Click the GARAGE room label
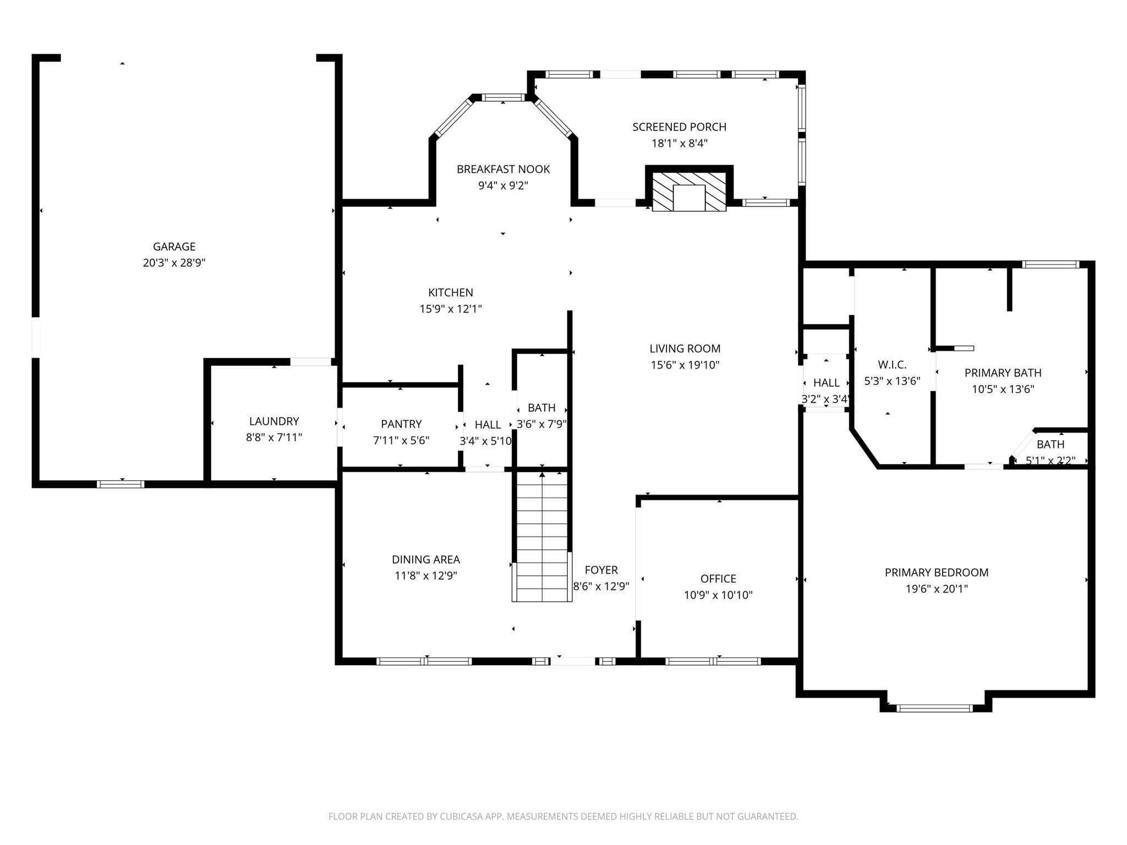(x=174, y=246)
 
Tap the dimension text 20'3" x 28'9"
(x=174, y=263)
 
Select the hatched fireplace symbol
(x=689, y=191)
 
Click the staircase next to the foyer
(x=542, y=536)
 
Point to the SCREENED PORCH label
(x=679, y=127)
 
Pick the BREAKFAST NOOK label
(x=503, y=169)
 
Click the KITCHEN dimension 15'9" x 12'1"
(x=450, y=309)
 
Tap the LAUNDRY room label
(x=273, y=421)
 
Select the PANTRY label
(x=401, y=424)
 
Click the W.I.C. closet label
(x=891, y=365)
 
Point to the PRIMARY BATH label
(x=1003, y=373)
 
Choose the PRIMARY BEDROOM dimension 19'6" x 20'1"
(x=936, y=589)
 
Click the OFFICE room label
(x=718, y=579)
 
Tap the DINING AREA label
(x=425, y=559)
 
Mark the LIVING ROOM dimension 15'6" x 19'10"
(x=685, y=365)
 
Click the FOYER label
(x=601, y=570)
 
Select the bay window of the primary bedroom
(x=934, y=708)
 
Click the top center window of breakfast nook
(x=503, y=98)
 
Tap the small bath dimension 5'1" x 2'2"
(x=1050, y=461)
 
